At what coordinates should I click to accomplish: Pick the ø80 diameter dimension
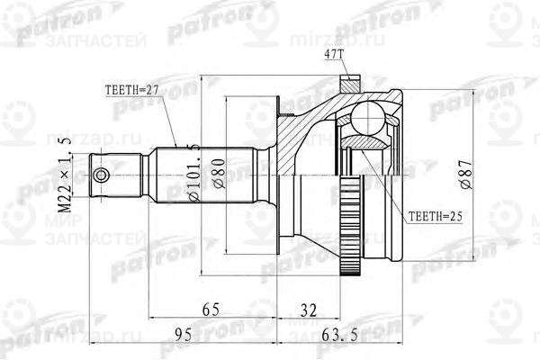tap(217, 170)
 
